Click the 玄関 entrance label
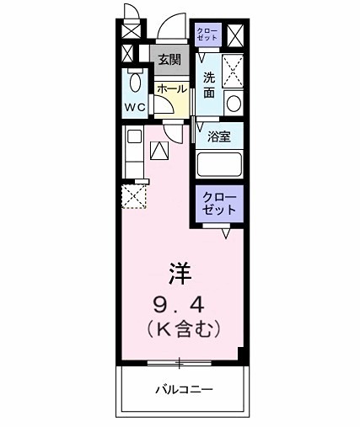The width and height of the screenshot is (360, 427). [x=169, y=59]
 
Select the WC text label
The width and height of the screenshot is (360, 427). [x=135, y=108]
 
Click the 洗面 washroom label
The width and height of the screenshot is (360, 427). [x=210, y=84]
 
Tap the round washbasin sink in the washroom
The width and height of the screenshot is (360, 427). [x=234, y=103]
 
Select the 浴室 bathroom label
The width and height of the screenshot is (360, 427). [x=219, y=135]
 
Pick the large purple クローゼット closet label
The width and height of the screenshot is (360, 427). [x=219, y=204]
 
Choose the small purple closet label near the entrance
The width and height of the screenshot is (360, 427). [x=207, y=35]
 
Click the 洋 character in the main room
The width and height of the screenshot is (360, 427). [x=179, y=272]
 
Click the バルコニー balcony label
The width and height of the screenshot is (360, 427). [x=184, y=390]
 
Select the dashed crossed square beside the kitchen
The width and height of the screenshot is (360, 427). [x=134, y=195]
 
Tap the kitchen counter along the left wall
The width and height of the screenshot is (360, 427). [x=133, y=152]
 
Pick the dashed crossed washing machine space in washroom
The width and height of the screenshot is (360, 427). [x=233, y=70]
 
